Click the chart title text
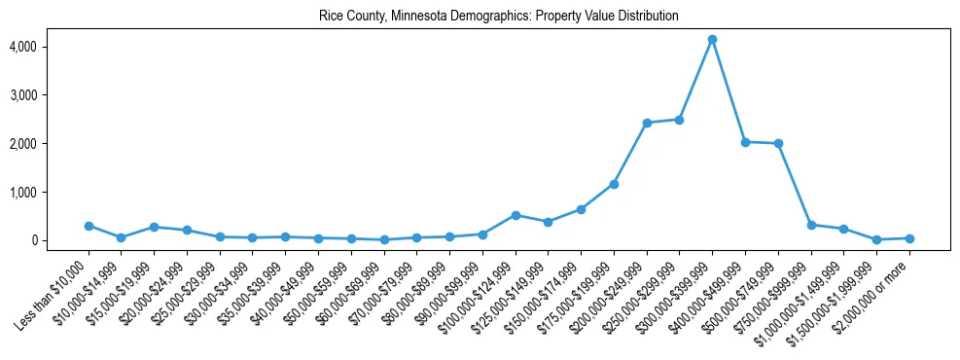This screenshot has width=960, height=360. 498,17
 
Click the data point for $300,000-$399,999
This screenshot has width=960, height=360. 712,40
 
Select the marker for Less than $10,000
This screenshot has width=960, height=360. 89,226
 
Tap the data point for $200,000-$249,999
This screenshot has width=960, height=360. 647,124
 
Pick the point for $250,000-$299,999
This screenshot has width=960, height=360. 679,120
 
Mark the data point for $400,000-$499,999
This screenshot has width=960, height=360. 745,142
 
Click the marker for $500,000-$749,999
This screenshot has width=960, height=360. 778,144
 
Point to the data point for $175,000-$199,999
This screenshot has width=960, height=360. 614,184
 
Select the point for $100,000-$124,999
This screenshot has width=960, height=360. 516,215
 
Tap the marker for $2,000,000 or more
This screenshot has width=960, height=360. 909,238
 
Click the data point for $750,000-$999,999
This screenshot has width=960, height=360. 811,225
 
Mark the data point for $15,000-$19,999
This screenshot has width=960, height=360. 154,227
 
